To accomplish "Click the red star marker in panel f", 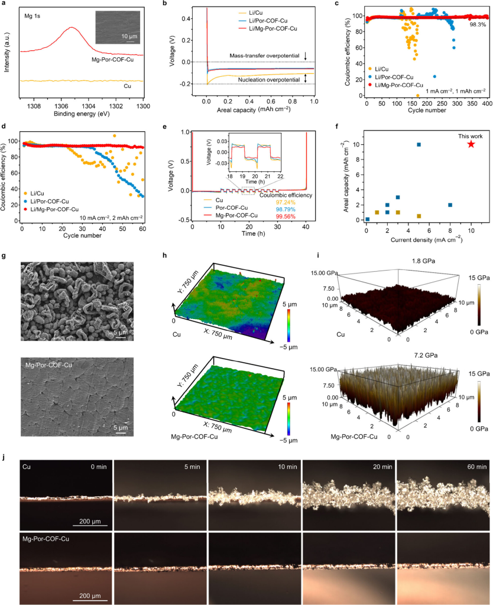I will (x=471, y=144).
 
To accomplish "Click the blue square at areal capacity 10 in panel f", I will (x=419, y=144).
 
